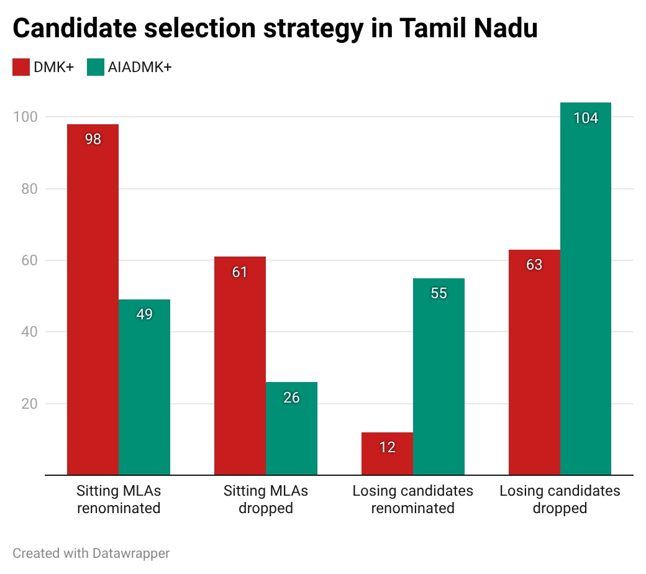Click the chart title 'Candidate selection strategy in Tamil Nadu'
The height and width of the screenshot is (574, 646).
click(x=275, y=29)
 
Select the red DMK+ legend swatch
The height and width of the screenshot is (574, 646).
click(x=21, y=67)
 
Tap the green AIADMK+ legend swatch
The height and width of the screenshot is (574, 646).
click(x=96, y=67)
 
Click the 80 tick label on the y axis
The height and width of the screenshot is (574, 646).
click(x=28, y=189)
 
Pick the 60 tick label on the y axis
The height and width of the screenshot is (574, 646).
click(x=28, y=260)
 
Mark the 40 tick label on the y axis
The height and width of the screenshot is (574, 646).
click(x=28, y=332)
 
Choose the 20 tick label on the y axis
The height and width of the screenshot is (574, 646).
click(x=28, y=404)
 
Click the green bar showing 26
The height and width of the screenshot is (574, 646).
click(x=291, y=429)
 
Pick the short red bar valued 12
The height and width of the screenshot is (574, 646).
click(x=387, y=453)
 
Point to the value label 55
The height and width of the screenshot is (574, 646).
click(x=439, y=293)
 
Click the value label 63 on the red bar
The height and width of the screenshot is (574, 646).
click(x=534, y=265)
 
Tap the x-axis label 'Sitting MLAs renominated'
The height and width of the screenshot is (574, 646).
click(x=119, y=499)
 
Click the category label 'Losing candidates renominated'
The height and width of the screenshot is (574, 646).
click(x=412, y=499)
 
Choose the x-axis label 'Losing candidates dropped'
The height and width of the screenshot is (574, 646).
click(x=560, y=499)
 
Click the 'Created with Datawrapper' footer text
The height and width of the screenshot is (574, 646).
click(x=91, y=553)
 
